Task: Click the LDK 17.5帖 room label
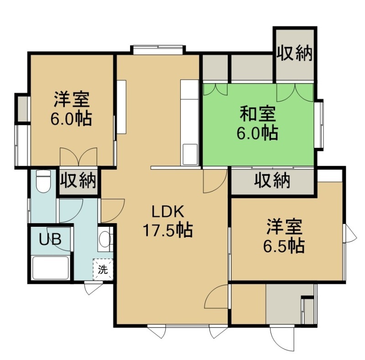coord(167,221)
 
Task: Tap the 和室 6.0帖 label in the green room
coord(258,123)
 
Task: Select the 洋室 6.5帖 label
coord(284,235)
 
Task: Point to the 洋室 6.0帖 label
coord(72,109)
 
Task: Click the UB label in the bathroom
coord(50,239)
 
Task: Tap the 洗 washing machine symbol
coord(103,269)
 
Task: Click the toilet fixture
coord(43,182)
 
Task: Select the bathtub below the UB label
coord(51,267)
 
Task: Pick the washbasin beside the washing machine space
coord(105,239)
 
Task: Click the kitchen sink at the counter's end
coord(190,154)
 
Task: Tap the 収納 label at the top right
coord(294,53)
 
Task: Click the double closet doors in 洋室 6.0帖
coord(78,157)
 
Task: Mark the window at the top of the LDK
coord(158,50)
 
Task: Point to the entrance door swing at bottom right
coord(282,338)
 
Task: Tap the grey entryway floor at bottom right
coord(284,304)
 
